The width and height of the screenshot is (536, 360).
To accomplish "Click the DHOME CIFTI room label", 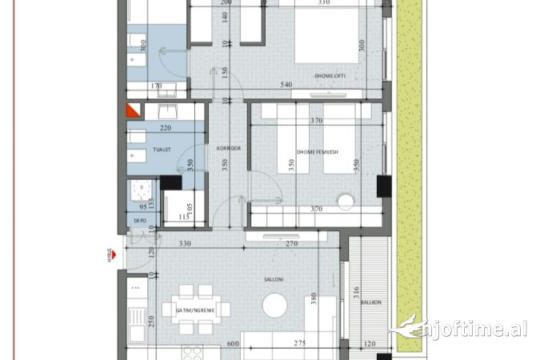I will click(x=329, y=77).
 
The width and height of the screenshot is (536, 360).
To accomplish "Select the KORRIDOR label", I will click(x=218, y=148).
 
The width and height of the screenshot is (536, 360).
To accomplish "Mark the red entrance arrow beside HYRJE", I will click(x=116, y=255).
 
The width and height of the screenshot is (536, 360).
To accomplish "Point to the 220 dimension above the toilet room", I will click(x=166, y=128).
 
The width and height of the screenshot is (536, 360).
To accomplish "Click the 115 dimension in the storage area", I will click(x=183, y=216).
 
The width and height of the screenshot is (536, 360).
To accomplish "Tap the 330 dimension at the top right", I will click(x=324, y=3).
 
